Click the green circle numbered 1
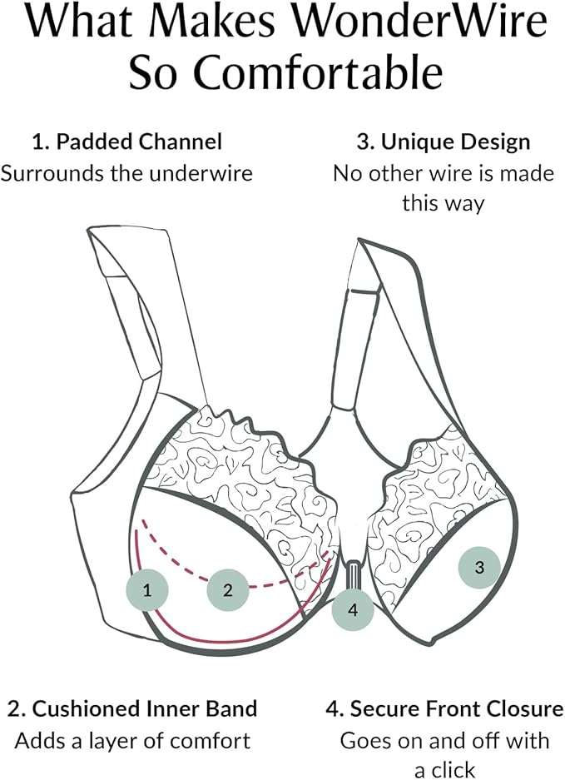click(x=146, y=591)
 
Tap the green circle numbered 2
click(x=228, y=590)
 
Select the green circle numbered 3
click(x=478, y=569)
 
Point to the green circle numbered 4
click(x=352, y=609)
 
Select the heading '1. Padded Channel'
click(x=127, y=142)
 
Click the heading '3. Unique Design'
click(x=443, y=142)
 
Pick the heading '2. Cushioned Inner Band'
click(x=132, y=709)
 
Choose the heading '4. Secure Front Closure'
click(x=443, y=709)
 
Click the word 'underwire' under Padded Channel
click(x=209, y=173)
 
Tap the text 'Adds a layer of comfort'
click(x=132, y=739)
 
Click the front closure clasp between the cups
click(x=352, y=574)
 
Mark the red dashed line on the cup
click(x=275, y=584)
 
